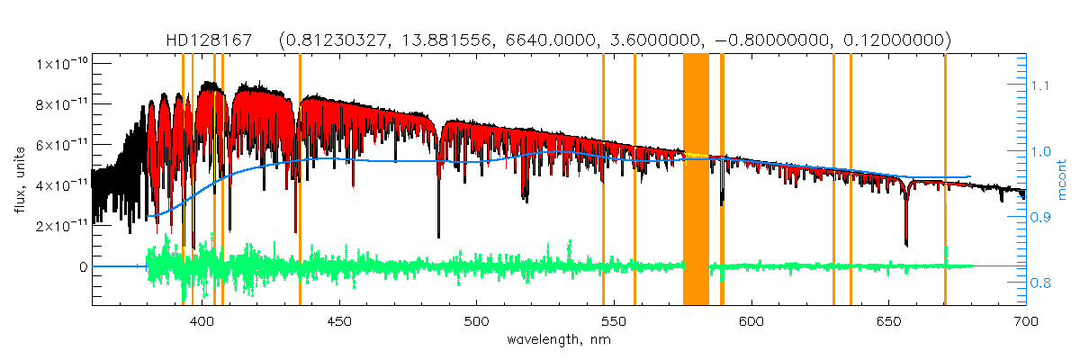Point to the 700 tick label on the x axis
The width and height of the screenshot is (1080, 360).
click(x=1025, y=320)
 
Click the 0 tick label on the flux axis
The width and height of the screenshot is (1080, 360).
click(x=83, y=266)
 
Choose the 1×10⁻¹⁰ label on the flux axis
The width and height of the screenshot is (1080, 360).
click(x=61, y=64)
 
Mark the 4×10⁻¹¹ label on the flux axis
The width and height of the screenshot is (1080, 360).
click(x=61, y=185)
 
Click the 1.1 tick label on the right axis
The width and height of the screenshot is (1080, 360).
click(x=1041, y=85)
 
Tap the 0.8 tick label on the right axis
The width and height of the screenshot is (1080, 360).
click(x=1041, y=283)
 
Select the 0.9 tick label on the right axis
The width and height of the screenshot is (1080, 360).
click(x=1041, y=217)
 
